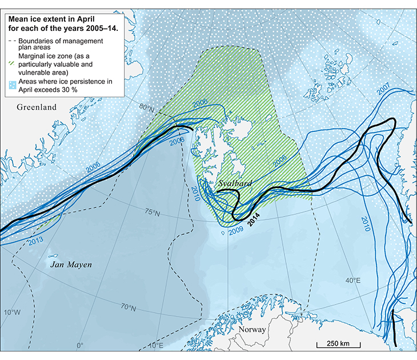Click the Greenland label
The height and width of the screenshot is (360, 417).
tap(37, 107)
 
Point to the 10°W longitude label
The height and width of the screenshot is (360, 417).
tap(12, 313)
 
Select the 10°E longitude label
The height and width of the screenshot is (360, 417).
tap(156, 345)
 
